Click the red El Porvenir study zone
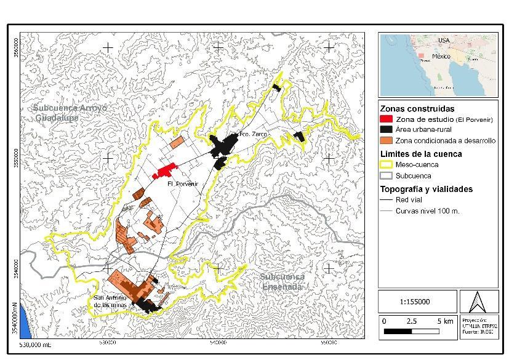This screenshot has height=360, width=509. point(166,170)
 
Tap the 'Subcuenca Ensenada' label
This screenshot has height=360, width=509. point(282,282)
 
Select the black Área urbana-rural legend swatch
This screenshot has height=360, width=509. point(387,130)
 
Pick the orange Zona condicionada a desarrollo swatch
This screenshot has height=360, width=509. point(387,141)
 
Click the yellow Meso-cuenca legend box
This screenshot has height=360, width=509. point(387,164)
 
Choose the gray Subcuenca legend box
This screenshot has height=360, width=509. point(387,175)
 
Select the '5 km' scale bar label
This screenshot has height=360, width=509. point(444,321)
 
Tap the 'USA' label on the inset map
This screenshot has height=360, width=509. point(444,40)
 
